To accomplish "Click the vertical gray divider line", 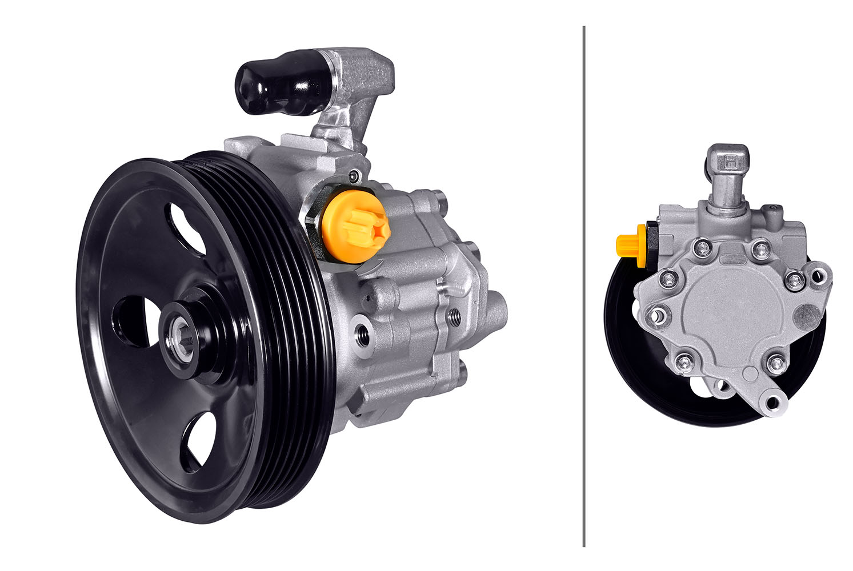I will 584,285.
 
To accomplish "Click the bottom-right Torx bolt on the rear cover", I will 775,363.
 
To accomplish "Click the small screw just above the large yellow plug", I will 355,176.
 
